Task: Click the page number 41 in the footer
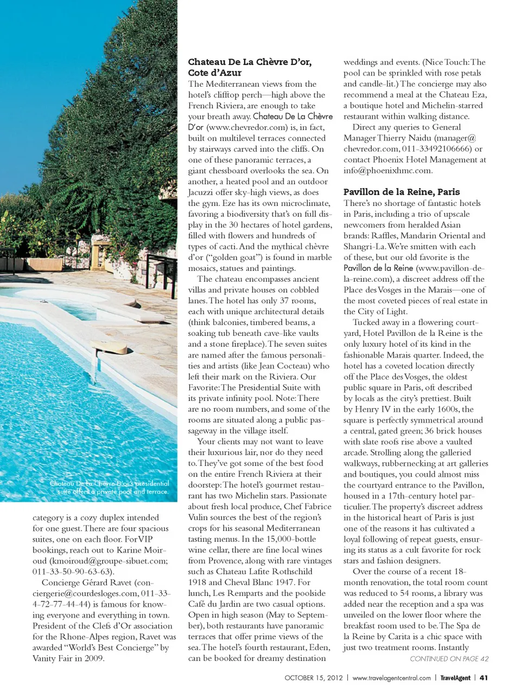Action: coord(484,677)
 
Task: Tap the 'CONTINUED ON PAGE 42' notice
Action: coord(449,659)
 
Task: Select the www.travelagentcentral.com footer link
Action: coord(391,678)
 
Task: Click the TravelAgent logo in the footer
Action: coord(455,678)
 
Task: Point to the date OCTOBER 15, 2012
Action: coord(314,678)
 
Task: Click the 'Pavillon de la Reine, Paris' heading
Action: coord(401,192)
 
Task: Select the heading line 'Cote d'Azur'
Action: coord(214,73)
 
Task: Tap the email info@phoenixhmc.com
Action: coord(387,170)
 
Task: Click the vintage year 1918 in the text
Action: coord(198,582)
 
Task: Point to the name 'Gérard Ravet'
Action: coord(105,582)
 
